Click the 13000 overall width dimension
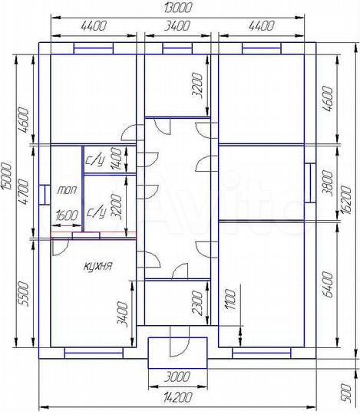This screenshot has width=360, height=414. click(177, 8)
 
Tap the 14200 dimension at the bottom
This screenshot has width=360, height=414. click(177, 397)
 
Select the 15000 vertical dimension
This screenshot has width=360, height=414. click(7, 176)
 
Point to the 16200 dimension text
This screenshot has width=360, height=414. click(347, 200)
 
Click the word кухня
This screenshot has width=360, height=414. click(97, 266)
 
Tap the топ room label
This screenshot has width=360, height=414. click(67, 190)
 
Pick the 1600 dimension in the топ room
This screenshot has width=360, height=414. click(67, 215)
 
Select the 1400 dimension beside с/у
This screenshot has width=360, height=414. click(117, 159)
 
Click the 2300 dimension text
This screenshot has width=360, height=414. click(198, 303)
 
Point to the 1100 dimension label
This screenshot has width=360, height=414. click(230, 299)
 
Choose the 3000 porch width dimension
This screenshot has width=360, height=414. click(177, 376)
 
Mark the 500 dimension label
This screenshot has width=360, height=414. click(346, 393)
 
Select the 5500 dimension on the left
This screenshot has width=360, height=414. click(23, 294)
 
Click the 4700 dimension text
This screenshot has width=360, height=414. click(23, 192)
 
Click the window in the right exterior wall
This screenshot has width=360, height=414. click(310, 182)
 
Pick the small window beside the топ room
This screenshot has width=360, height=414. click(45, 195)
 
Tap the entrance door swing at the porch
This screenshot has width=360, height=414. click(180, 341)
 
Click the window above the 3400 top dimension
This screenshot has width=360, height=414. click(177, 48)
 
